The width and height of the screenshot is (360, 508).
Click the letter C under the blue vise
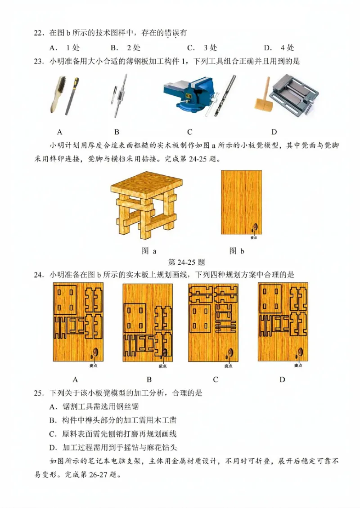[x=189, y=132]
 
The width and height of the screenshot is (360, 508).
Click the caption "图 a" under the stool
[x=149, y=251]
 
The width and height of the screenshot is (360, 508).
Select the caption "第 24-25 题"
[x=186, y=262]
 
